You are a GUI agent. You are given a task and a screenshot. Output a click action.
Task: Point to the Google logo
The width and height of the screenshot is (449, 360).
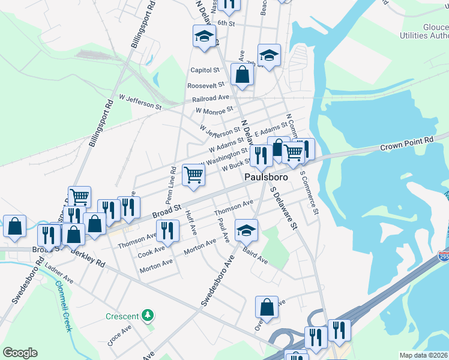click(x=20, y=353)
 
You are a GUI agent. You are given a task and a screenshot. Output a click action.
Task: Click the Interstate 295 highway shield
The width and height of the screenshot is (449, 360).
click(x=444, y=256)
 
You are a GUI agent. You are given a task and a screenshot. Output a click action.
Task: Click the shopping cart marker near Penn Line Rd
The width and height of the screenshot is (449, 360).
click(x=194, y=175)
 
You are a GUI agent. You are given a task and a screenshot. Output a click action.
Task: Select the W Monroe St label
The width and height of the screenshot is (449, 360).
click(x=214, y=110)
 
